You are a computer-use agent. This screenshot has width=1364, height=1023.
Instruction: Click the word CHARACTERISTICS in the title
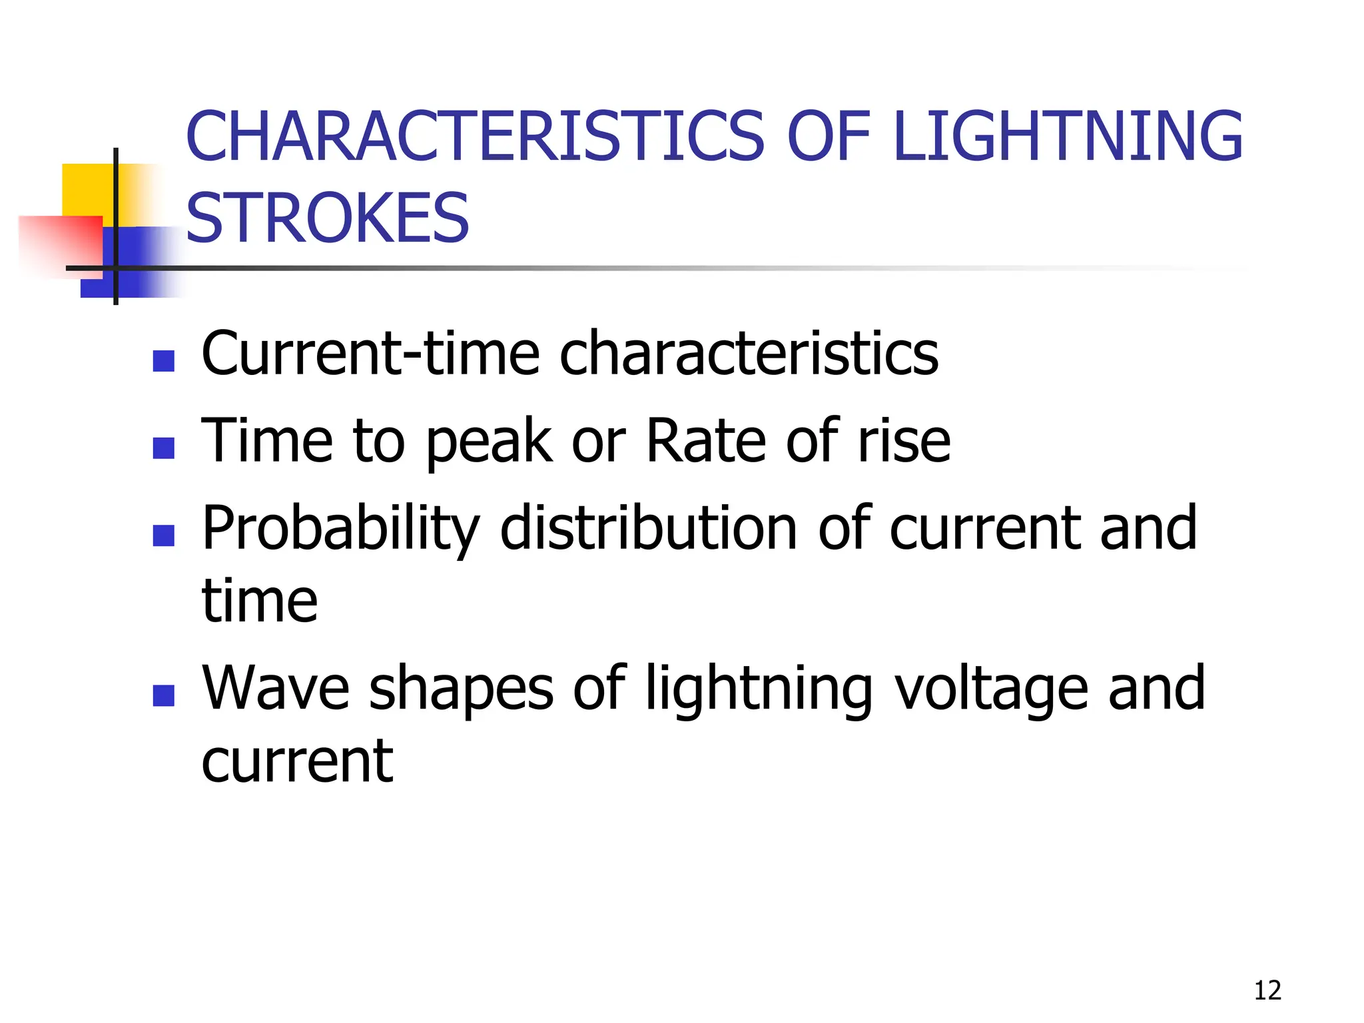click(x=475, y=137)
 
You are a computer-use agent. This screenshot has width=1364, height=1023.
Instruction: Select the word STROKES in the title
click(x=328, y=218)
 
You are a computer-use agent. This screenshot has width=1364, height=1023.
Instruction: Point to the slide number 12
click(x=1267, y=990)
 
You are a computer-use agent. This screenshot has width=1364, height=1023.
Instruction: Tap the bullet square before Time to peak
click(x=164, y=448)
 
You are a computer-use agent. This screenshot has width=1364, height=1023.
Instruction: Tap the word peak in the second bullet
click(x=490, y=442)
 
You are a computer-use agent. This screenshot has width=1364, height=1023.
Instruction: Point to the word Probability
click(x=340, y=530)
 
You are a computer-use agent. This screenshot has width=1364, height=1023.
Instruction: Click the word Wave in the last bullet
click(x=276, y=689)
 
